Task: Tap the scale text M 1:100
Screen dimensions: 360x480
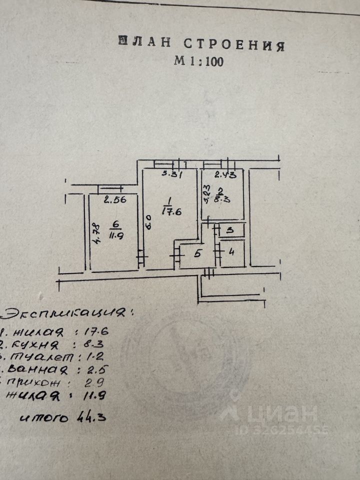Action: coord(198,61)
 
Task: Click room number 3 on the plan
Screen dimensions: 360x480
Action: coord(229,230)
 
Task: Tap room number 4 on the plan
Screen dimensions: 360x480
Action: coord(231,251)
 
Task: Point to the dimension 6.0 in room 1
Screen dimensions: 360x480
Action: coord(147,221)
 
